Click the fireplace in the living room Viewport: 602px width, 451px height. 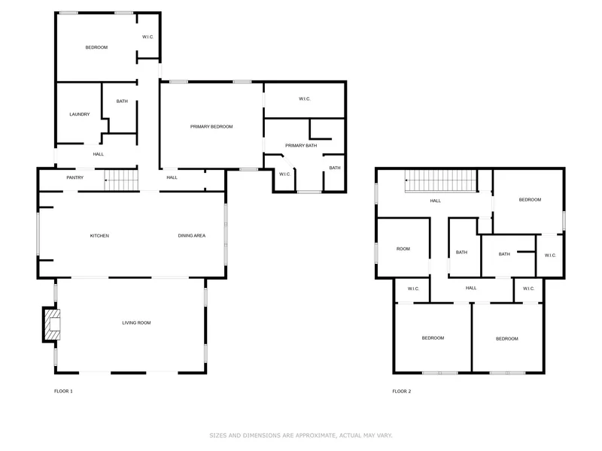tap(51, 325)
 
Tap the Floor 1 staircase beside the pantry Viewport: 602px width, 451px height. tap(121, 180)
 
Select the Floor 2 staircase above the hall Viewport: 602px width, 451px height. tap(441, 180)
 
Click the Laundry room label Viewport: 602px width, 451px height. tap(80, 114)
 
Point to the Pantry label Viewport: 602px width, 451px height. tap(74, 177)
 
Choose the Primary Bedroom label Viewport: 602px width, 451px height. tap(211, 126)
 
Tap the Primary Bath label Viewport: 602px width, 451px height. tap(301, 146)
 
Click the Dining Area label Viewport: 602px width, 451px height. tap(192, 235)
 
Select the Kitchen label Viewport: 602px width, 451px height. tap(99, 235)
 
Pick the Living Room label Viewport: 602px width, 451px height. tap(136, 323)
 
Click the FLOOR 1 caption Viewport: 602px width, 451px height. tap(63, 391)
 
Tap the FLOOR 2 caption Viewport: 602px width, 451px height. tap(402, 391)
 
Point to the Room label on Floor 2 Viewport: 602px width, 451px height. tap(403, 249)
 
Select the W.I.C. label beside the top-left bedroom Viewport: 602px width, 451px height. tap(147, 37)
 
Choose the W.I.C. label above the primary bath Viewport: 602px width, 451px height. tap(305, 99)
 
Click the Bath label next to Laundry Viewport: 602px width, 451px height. tap(122, 101)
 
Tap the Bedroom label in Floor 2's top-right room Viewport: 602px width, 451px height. tap(530, 200)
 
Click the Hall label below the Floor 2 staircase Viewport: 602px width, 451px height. tap(436, 201)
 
